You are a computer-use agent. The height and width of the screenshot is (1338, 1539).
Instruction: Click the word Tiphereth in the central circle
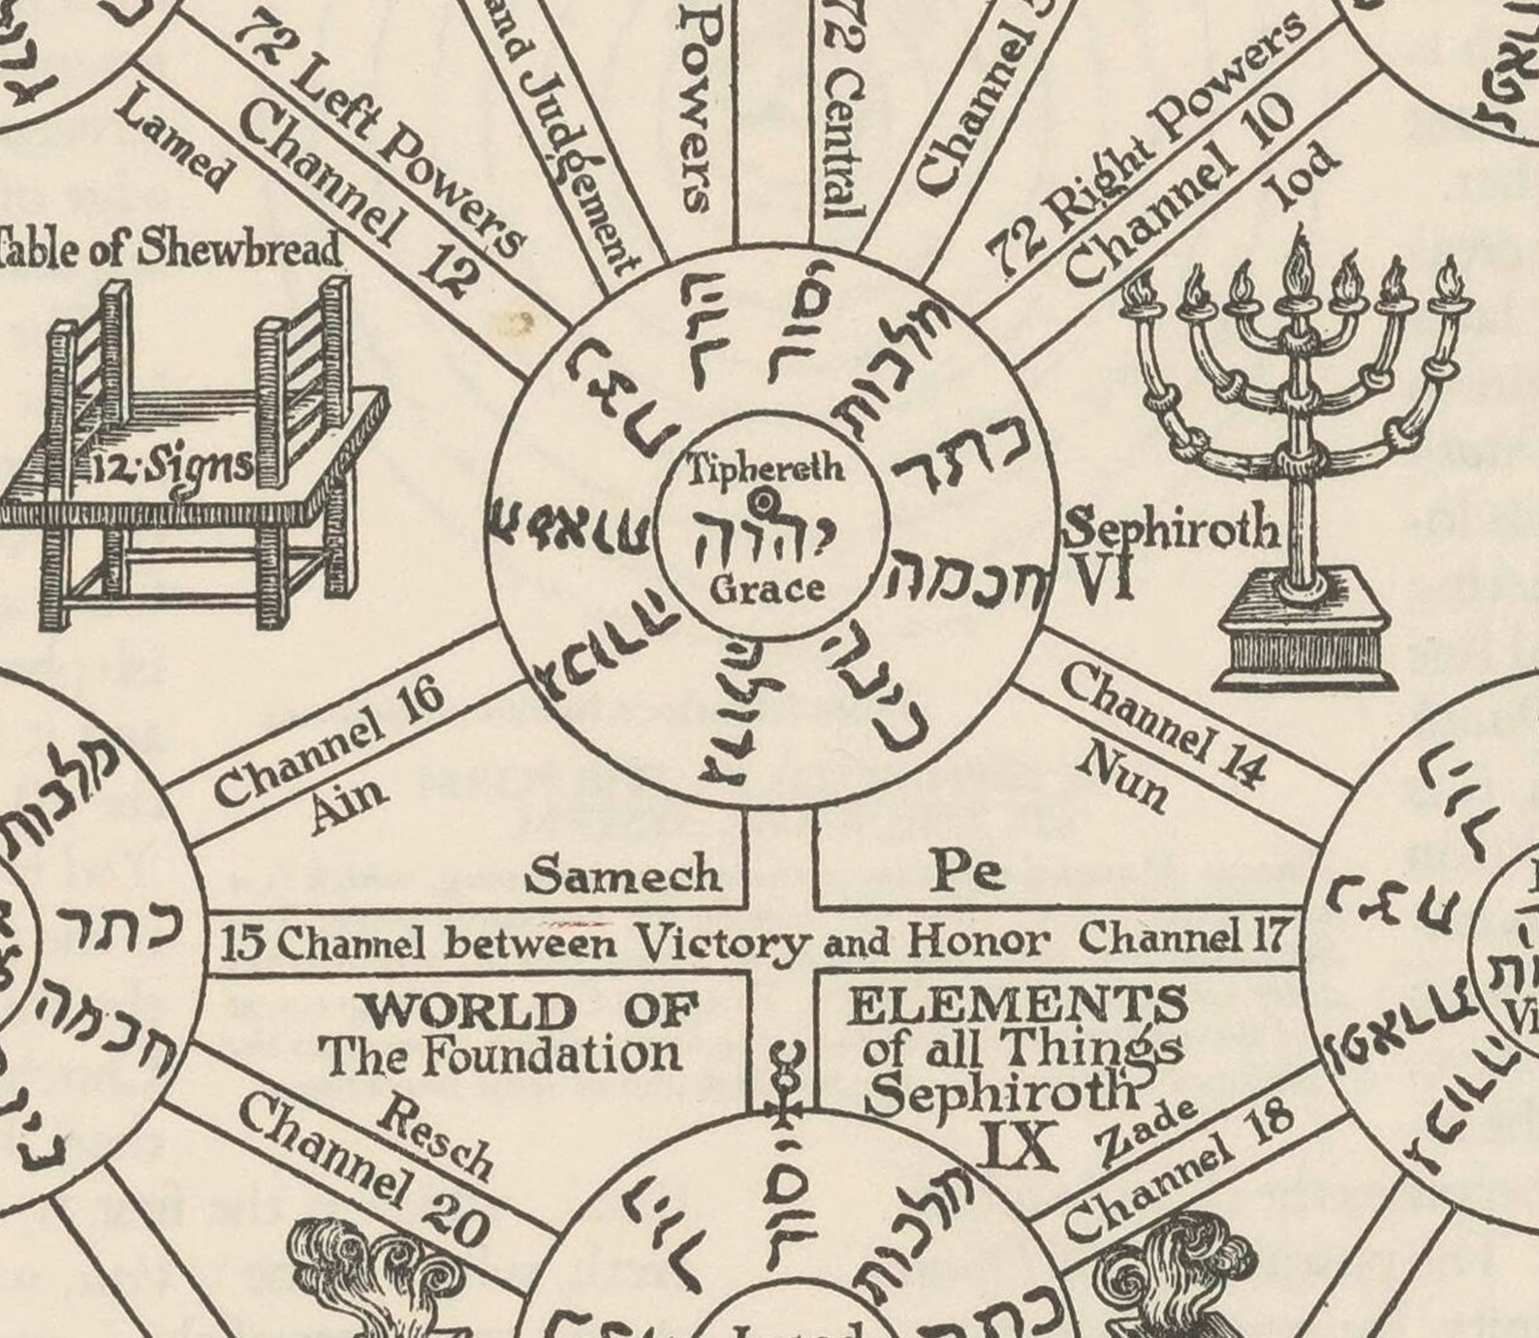(x=766, y=469)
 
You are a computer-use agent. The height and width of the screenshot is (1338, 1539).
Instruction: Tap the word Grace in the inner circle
(x=767, y=588)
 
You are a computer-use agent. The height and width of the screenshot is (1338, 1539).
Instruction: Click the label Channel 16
(x=330, y=742)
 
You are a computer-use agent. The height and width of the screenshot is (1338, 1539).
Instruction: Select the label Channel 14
(x=1163, y=723)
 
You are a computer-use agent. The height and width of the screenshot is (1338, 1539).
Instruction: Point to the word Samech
(x=624, y=876)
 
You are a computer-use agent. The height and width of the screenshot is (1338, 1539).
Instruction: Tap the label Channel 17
(x=1185, y=936)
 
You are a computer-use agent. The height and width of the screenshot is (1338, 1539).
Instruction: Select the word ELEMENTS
(x=1017, y=1005)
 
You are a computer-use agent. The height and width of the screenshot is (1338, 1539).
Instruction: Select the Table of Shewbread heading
(x=171, y=248)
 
